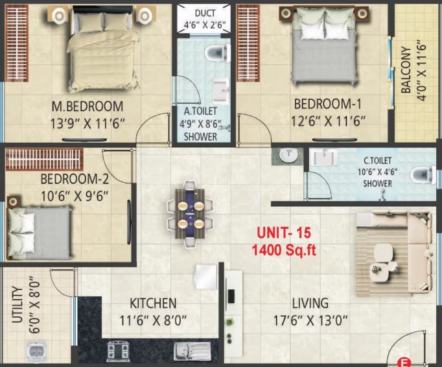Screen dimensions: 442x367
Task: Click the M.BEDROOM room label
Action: click(x=87, y=106)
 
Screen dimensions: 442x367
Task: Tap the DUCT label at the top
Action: click(x=205, y=13)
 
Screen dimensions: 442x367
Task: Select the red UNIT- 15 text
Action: click(x=284, y=233)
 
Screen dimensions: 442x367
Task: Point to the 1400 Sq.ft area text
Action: click(x=284, y=250)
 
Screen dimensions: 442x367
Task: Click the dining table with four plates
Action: click(x=191, y=213)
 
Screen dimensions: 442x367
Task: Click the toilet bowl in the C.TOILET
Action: click(x=421, y=174)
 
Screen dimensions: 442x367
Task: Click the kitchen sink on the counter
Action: click(x=192, y=351)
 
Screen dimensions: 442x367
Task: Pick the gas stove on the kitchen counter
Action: click(x=118, y=351)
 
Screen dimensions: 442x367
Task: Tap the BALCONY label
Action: click(x=406, y=69)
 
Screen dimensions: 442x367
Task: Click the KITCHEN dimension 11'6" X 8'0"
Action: click(x=153, y=321)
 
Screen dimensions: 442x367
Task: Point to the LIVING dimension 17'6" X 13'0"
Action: click(x=310, y=320)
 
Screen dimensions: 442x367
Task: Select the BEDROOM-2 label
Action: click(x=75, y=179)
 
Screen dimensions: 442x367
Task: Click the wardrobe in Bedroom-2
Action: click(x=44, y=159)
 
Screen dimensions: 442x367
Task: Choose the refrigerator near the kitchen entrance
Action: click(x=207, y=276)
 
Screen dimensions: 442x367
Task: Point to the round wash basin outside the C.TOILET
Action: click(x=288, y=156)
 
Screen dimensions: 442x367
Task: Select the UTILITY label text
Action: click(x=17, y=305)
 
